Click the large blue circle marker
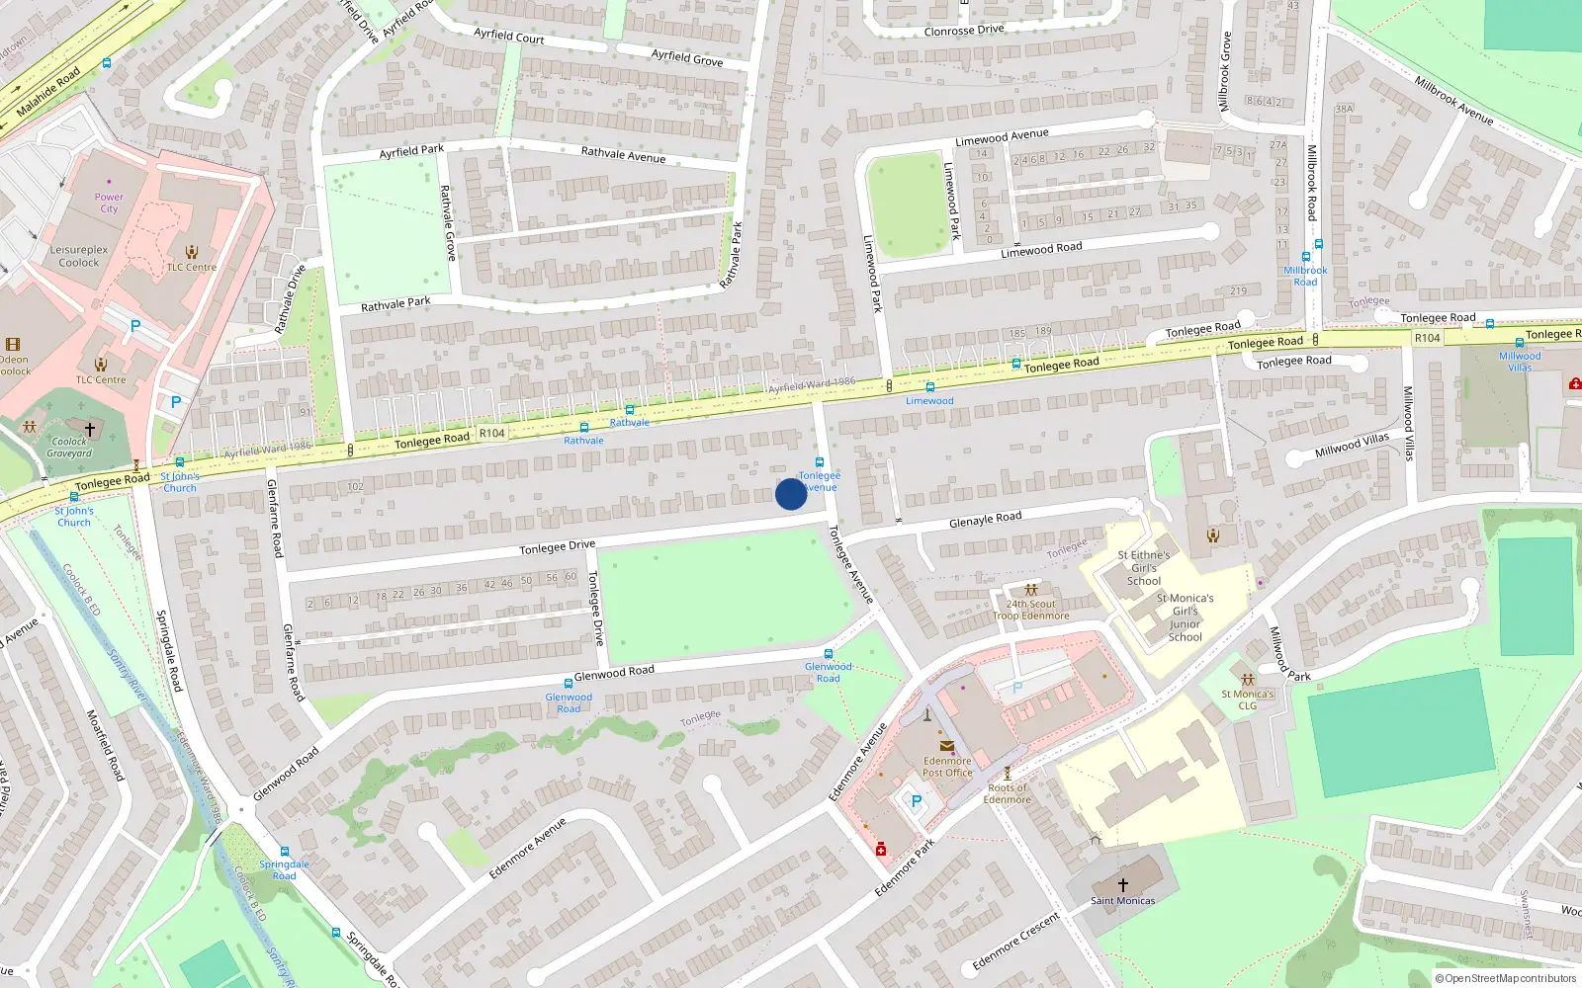coord(791,494)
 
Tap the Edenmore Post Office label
coord(947,767)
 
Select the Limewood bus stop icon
coord(929,387)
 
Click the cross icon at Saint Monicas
coord(1122,885)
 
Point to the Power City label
coord(109,203)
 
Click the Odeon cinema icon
coord(13,345)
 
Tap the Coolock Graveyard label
coord(69,448)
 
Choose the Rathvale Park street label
coord(395,304)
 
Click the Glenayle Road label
coord(985,519)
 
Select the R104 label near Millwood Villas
coord(1427,338)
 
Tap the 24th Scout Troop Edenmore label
coord(1030,610)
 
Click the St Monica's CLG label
coord(1247,700)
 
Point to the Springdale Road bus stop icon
coord(285,851)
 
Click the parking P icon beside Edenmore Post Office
coord(916,801)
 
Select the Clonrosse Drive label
coord(963,31)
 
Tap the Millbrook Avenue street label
coord(1453,100)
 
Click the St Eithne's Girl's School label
coord(1144,568)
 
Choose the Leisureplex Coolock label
coord(79,256)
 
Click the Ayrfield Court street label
coord(508,36)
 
